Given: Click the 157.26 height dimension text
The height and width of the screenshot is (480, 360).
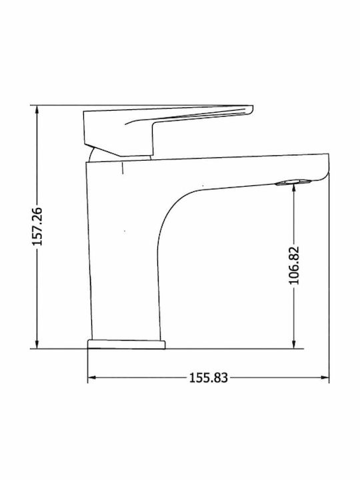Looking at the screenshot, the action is (37, 227).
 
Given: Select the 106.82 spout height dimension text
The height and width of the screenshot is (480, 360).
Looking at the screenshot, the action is (294, 265).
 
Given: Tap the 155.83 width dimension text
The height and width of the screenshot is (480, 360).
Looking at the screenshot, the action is (208, 378).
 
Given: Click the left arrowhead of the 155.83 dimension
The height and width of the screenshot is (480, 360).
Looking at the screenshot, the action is (93, 377).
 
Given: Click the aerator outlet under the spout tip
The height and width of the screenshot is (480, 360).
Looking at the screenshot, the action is (293, 183).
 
